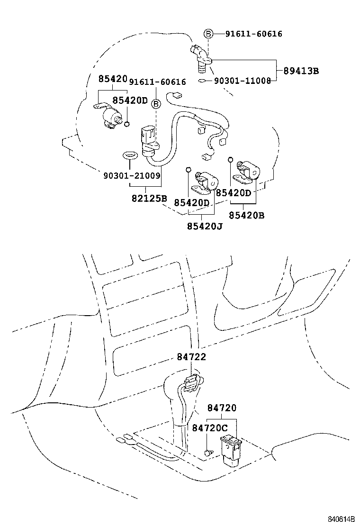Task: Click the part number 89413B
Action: tap(301, 71)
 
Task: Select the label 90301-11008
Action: tap(242, 81)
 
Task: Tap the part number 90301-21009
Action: tap(132, 175)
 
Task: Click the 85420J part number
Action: tap(205, 227)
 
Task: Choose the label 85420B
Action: tap(246, 215)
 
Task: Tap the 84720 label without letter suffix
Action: tap(222, 408)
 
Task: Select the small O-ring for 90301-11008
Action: tap(202, 81)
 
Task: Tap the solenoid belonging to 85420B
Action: tap(248, 171)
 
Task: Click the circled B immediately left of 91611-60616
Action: tap(208, 34)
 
